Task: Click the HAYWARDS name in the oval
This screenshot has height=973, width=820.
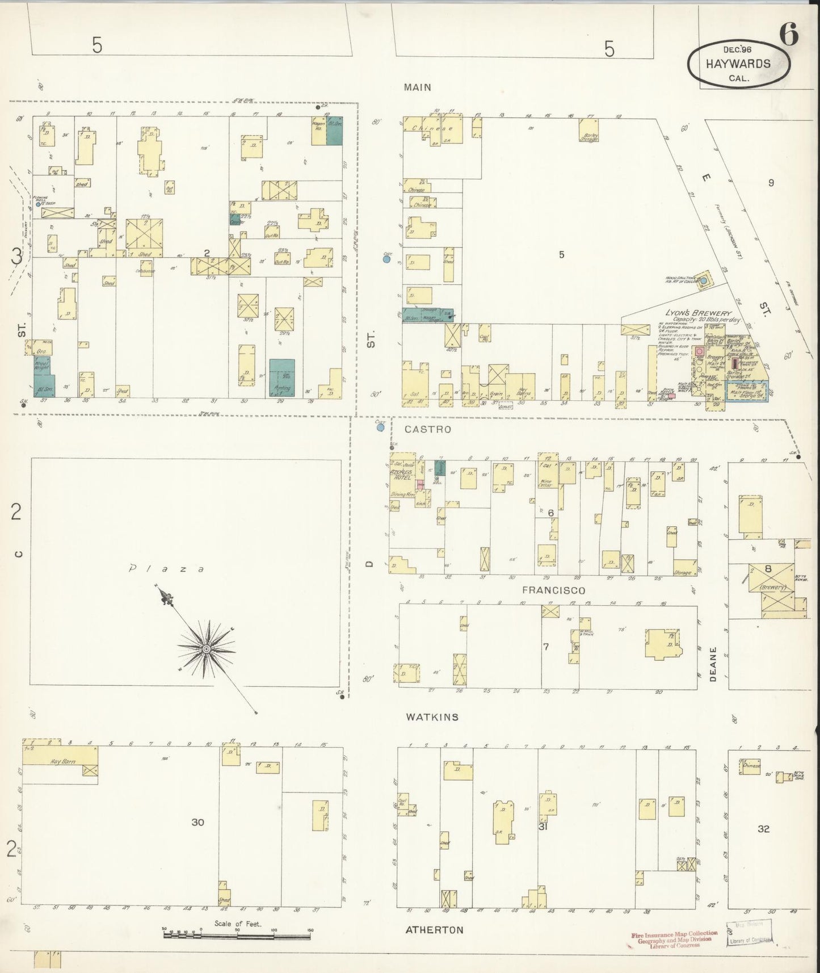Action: [x=738, y=64]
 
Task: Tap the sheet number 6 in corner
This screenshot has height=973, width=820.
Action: [x=789, y=35]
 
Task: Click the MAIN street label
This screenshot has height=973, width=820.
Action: [x=418, y=87]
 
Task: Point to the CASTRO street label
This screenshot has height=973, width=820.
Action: [x=428, y=429]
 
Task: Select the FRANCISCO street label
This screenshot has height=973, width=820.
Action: [x=553, y=590]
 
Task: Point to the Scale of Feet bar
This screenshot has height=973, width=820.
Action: [x=238, y=934]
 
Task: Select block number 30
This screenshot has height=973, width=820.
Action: [x=197, y=822]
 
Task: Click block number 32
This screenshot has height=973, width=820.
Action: [x=763, y=829]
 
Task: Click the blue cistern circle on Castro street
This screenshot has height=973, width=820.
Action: [x=380, y=427]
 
